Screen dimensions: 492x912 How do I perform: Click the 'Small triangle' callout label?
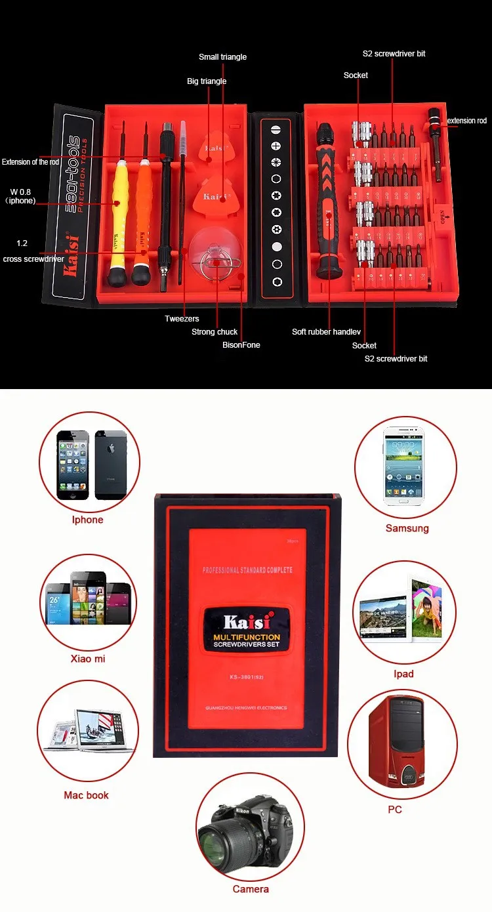(222, 57)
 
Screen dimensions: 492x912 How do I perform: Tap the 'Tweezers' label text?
(182, 319)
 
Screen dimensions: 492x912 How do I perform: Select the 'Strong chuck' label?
(215, 332)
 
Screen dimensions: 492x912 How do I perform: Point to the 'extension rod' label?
(467, 121)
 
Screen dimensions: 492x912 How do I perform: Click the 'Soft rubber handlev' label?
(326, 332)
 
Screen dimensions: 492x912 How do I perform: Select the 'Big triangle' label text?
(207, 81)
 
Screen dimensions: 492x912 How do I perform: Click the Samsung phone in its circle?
(405, 466)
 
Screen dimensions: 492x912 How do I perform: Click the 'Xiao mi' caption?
(88, 659)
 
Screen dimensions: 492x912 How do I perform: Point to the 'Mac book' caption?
(86, 795)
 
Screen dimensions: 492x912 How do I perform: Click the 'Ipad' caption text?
(403, 674)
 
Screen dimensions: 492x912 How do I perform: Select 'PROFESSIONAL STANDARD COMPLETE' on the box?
(247, 570)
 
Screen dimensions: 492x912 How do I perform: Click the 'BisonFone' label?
(241, 345)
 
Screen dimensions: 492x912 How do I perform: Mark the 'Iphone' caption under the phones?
(88, 520)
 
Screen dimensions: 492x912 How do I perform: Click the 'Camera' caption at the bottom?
(251, 889)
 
